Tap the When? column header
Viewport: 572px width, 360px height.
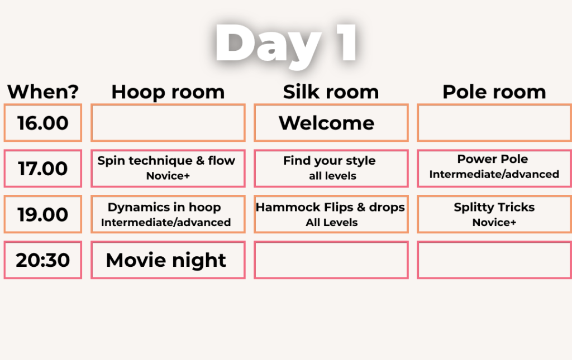[43, 92]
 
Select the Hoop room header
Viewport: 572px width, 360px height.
[168, 92]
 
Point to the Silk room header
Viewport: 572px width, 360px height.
[331, 92]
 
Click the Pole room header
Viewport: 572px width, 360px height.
[494, 92]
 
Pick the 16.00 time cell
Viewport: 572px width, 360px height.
[42, 123]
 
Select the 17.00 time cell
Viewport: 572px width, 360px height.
[42, 169]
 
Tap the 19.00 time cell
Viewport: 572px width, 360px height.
[42, 214]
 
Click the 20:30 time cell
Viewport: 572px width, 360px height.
[42, 260]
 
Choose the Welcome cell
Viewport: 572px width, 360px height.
[331, 123]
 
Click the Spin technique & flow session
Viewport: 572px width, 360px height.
[168, 169]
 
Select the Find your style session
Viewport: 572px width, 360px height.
[331, 169]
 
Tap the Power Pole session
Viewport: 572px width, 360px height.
[494, 169]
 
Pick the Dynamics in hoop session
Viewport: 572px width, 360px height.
[168, 214]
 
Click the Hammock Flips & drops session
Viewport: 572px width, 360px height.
[331, 214]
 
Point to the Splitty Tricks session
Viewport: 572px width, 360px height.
[494, 214]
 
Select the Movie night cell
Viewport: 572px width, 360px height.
[168, 260]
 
